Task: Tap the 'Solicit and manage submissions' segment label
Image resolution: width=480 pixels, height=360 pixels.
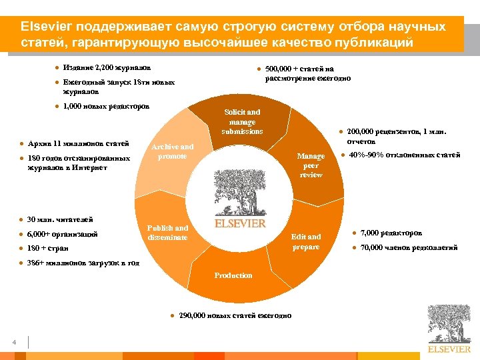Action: coord(242,122)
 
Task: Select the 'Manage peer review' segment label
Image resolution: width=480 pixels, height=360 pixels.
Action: coord(311,165)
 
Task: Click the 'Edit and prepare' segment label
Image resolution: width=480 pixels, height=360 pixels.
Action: coord(306,242)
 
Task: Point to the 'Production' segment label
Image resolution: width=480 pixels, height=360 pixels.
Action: coord(233,275)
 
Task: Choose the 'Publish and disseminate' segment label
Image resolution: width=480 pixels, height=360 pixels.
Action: coord(168,233)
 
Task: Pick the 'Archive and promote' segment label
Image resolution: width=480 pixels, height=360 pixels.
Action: coord(172,151)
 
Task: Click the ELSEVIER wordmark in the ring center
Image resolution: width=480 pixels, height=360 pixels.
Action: coord(240,223)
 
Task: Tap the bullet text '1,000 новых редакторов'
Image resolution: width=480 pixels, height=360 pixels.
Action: coord(106,106)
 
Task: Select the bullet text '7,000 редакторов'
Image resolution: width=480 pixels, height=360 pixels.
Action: coord(391,233)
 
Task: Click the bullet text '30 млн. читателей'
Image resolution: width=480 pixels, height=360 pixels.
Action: coord(60,219)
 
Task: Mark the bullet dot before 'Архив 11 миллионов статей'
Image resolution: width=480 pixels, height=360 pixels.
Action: coord(22,144)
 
